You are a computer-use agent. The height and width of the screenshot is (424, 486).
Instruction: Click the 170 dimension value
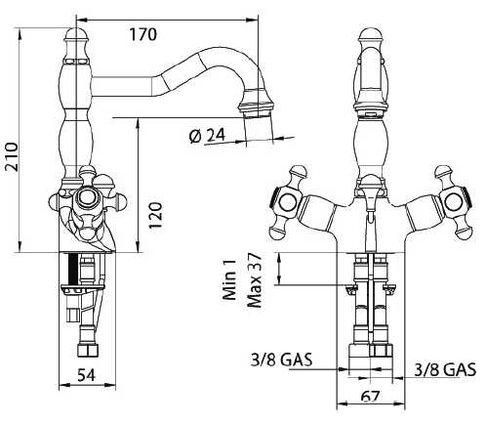pyautogui.click(x=142, y=34)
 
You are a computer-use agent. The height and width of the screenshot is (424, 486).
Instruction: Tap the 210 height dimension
pyautogui.click(x=13, y=156)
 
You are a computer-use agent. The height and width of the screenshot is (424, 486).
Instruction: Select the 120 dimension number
pyautogui.click(x=155, y=215)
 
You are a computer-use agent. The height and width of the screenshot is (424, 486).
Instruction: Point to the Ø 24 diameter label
pyautogui.click(x=207, y=136)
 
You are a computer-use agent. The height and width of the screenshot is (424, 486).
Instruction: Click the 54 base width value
pyautogui.click(x=87, y=375)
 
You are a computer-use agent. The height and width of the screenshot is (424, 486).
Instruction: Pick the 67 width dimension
pyautogui.click(x=370, y=396)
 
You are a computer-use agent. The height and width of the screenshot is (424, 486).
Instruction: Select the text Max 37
pyautogui.click(x=255, y=280)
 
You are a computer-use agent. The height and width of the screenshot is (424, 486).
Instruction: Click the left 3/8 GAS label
pyautogui.click(x=281, y=360)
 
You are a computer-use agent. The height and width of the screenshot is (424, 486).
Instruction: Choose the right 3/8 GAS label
pyautogui.click(x=445, y=369)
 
